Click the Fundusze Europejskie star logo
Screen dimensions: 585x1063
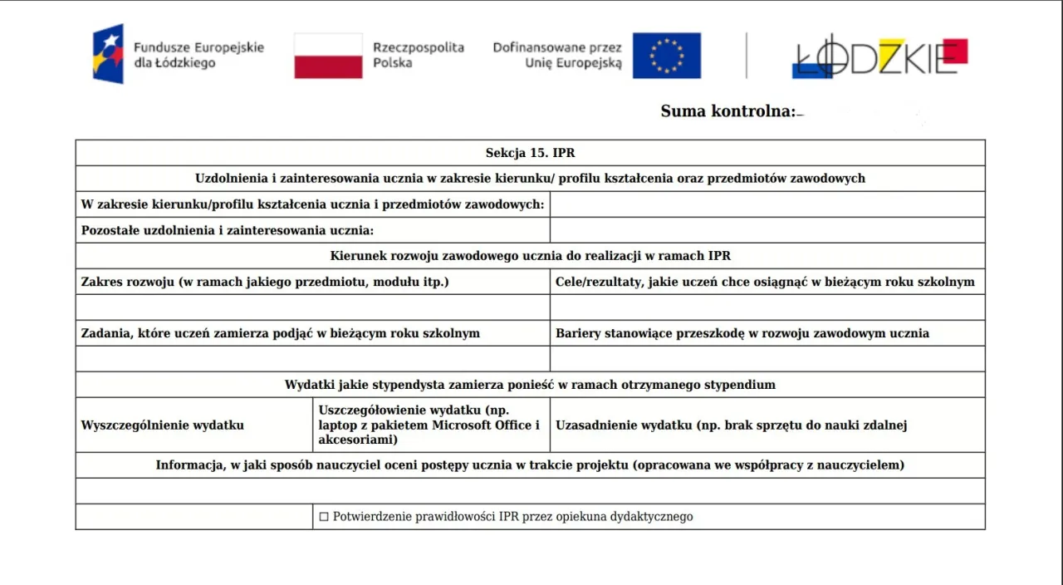108,54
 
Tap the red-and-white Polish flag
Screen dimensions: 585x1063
328,56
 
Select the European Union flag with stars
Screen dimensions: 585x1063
666,56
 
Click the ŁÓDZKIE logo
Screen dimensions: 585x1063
879,57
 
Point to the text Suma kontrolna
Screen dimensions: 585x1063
727,111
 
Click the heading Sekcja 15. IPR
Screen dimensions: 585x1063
530,153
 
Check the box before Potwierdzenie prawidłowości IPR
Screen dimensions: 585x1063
324,517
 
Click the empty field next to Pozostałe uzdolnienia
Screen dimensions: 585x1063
767,230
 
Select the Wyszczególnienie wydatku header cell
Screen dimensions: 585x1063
162,425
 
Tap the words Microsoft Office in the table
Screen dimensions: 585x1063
489,425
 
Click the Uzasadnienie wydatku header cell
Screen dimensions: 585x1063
731,425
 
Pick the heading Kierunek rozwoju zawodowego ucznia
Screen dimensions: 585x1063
530,256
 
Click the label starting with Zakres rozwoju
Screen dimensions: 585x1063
264,282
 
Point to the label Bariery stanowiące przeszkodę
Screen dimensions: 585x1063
742,333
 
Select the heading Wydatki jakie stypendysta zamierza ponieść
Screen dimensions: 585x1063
530,385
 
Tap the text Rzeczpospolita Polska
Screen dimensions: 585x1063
418,55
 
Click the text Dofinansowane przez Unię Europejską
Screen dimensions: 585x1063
557,55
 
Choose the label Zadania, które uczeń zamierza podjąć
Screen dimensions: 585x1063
280,333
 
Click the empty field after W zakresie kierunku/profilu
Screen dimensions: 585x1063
767,204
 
